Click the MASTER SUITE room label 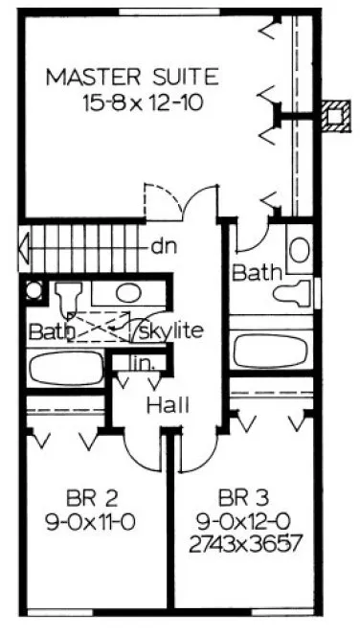pos(133,76)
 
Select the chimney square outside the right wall pos(334,114)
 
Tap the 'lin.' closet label pos(141,363)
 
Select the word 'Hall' pos(167,405)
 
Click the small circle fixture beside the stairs pos(34,290)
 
